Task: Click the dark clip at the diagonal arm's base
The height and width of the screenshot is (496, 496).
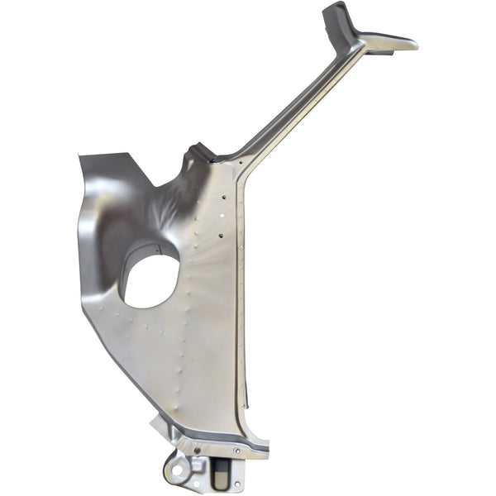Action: (201, 153)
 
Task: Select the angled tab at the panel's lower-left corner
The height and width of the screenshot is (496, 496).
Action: (157, 427)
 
